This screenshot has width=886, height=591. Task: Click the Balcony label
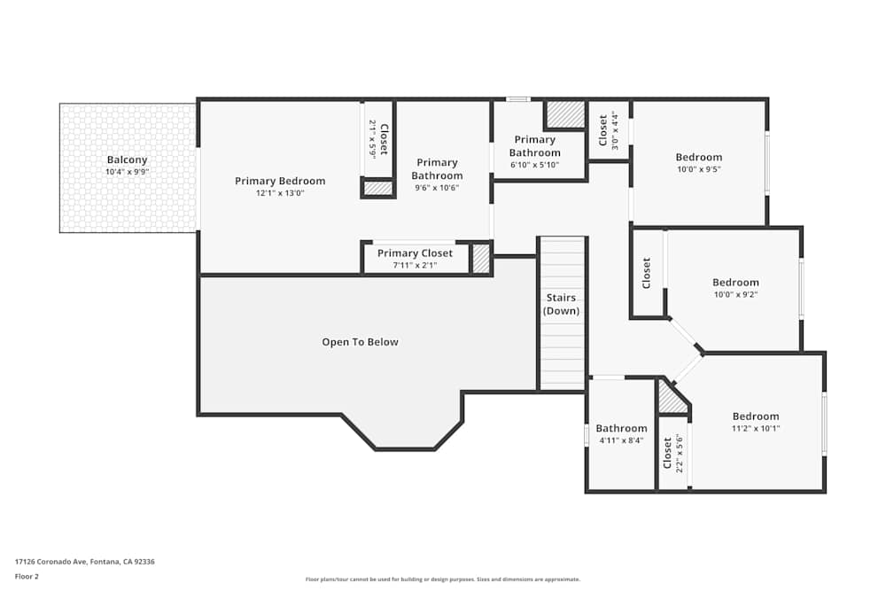(x=128, y=159)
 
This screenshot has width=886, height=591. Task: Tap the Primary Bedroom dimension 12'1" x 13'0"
(x=280, y=192)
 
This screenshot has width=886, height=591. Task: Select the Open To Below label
(x=360, y=342)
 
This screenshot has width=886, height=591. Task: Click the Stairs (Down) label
(x=561, y=304)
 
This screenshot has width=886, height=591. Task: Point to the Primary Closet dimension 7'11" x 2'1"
(x=415, y=265)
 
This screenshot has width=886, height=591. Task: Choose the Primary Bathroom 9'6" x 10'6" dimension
(x=437, y=187)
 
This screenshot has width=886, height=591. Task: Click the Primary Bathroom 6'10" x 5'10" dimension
(x=534, y=165)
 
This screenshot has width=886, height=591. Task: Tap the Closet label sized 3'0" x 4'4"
(x=603, y=129)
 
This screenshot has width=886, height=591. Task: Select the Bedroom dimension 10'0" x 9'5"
(x=699, y=169)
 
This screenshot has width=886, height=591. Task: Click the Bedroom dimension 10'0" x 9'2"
(x=735, y=294)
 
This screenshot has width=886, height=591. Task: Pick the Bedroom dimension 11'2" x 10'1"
(x=756, y=428)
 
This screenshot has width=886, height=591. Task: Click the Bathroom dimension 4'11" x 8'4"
(x=620, y=439)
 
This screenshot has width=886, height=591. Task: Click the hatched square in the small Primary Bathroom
(x=564, y=114)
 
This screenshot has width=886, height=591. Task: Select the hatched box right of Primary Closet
(x=480, y=259)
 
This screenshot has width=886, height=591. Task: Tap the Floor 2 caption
(x=27, y=576)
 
